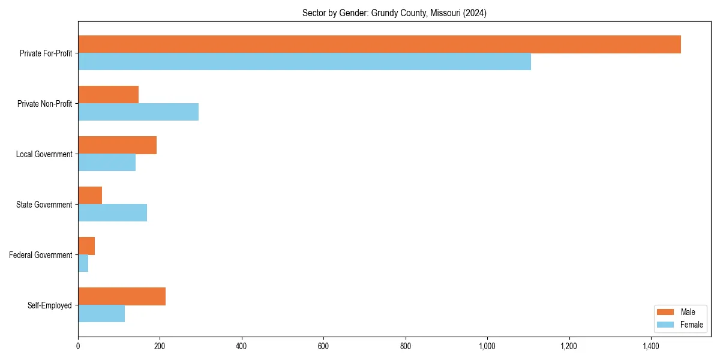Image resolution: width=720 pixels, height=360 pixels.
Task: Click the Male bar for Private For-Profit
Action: [379, 44]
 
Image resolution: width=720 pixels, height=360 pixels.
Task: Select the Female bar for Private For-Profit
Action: [304, 62]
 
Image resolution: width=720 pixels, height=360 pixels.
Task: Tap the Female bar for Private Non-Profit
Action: [138, 112]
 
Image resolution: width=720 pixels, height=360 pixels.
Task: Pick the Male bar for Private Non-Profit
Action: [108, 95]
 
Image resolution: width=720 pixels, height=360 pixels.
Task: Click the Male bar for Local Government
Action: [117, 145]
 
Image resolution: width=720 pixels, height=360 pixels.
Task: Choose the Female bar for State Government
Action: [112, 213]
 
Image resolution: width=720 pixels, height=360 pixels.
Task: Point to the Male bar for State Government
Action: [90, 196]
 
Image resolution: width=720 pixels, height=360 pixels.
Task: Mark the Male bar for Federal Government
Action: [86, 246]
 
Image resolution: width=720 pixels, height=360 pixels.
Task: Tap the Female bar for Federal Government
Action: [83, 263]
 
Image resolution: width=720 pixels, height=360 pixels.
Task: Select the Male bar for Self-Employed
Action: [122, 296]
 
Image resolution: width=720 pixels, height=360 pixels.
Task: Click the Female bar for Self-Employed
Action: [101, 314]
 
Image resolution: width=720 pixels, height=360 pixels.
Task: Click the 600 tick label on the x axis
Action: [323, 346]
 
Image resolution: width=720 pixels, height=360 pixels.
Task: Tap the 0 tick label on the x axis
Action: [78, 346]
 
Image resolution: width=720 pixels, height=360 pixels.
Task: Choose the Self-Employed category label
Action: [49, 305]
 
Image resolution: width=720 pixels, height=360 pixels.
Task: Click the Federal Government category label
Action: [40, 255]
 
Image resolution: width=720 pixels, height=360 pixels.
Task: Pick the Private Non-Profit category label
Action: [44, 104]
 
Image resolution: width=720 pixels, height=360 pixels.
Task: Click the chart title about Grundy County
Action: [394, 13]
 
